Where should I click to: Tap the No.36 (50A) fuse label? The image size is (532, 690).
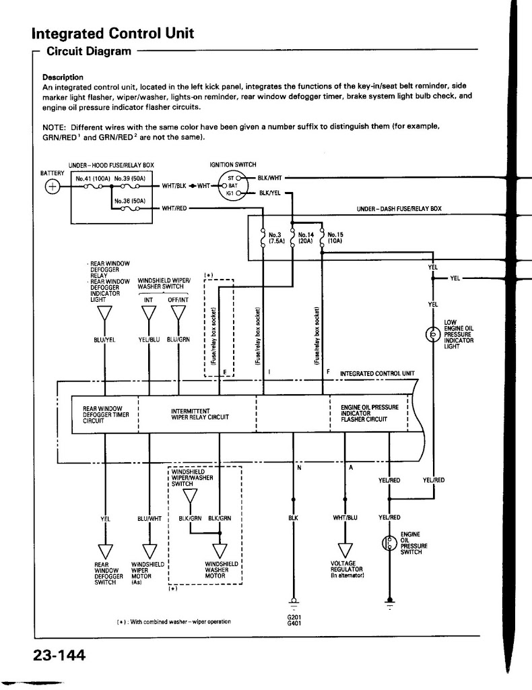pos(130,201)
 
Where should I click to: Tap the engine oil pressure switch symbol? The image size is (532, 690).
pos(389,544)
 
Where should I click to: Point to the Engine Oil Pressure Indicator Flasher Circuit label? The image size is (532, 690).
pos(370,413)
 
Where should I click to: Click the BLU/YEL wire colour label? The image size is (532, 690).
pos(104,340)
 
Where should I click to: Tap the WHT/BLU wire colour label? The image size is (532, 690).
pos(345,517)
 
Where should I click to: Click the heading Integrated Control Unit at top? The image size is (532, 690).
pos(113,33)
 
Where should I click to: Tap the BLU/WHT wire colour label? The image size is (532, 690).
pos(149,518)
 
